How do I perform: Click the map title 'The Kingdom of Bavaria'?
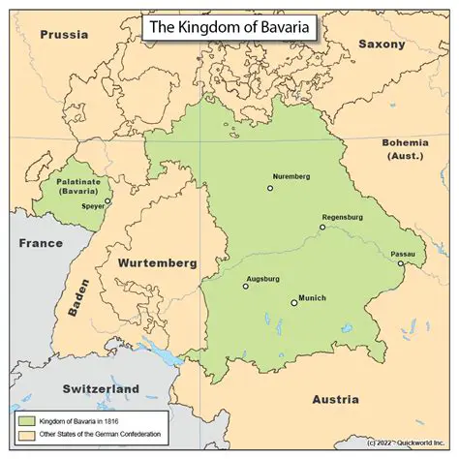click(229, 27)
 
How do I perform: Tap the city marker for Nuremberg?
click(271, 188)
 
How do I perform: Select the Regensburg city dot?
click(322, 228)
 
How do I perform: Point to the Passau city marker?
click(401, 263)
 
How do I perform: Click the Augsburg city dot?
click(244, 287)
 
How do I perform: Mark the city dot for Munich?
click(294, 303)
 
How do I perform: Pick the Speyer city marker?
click(108, 202)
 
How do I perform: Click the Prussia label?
click(64, 35)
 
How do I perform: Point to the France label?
click(41, 244)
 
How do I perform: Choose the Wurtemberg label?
click(156, 262)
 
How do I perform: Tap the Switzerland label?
click(101, 389)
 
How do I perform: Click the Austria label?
click(335, 399)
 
